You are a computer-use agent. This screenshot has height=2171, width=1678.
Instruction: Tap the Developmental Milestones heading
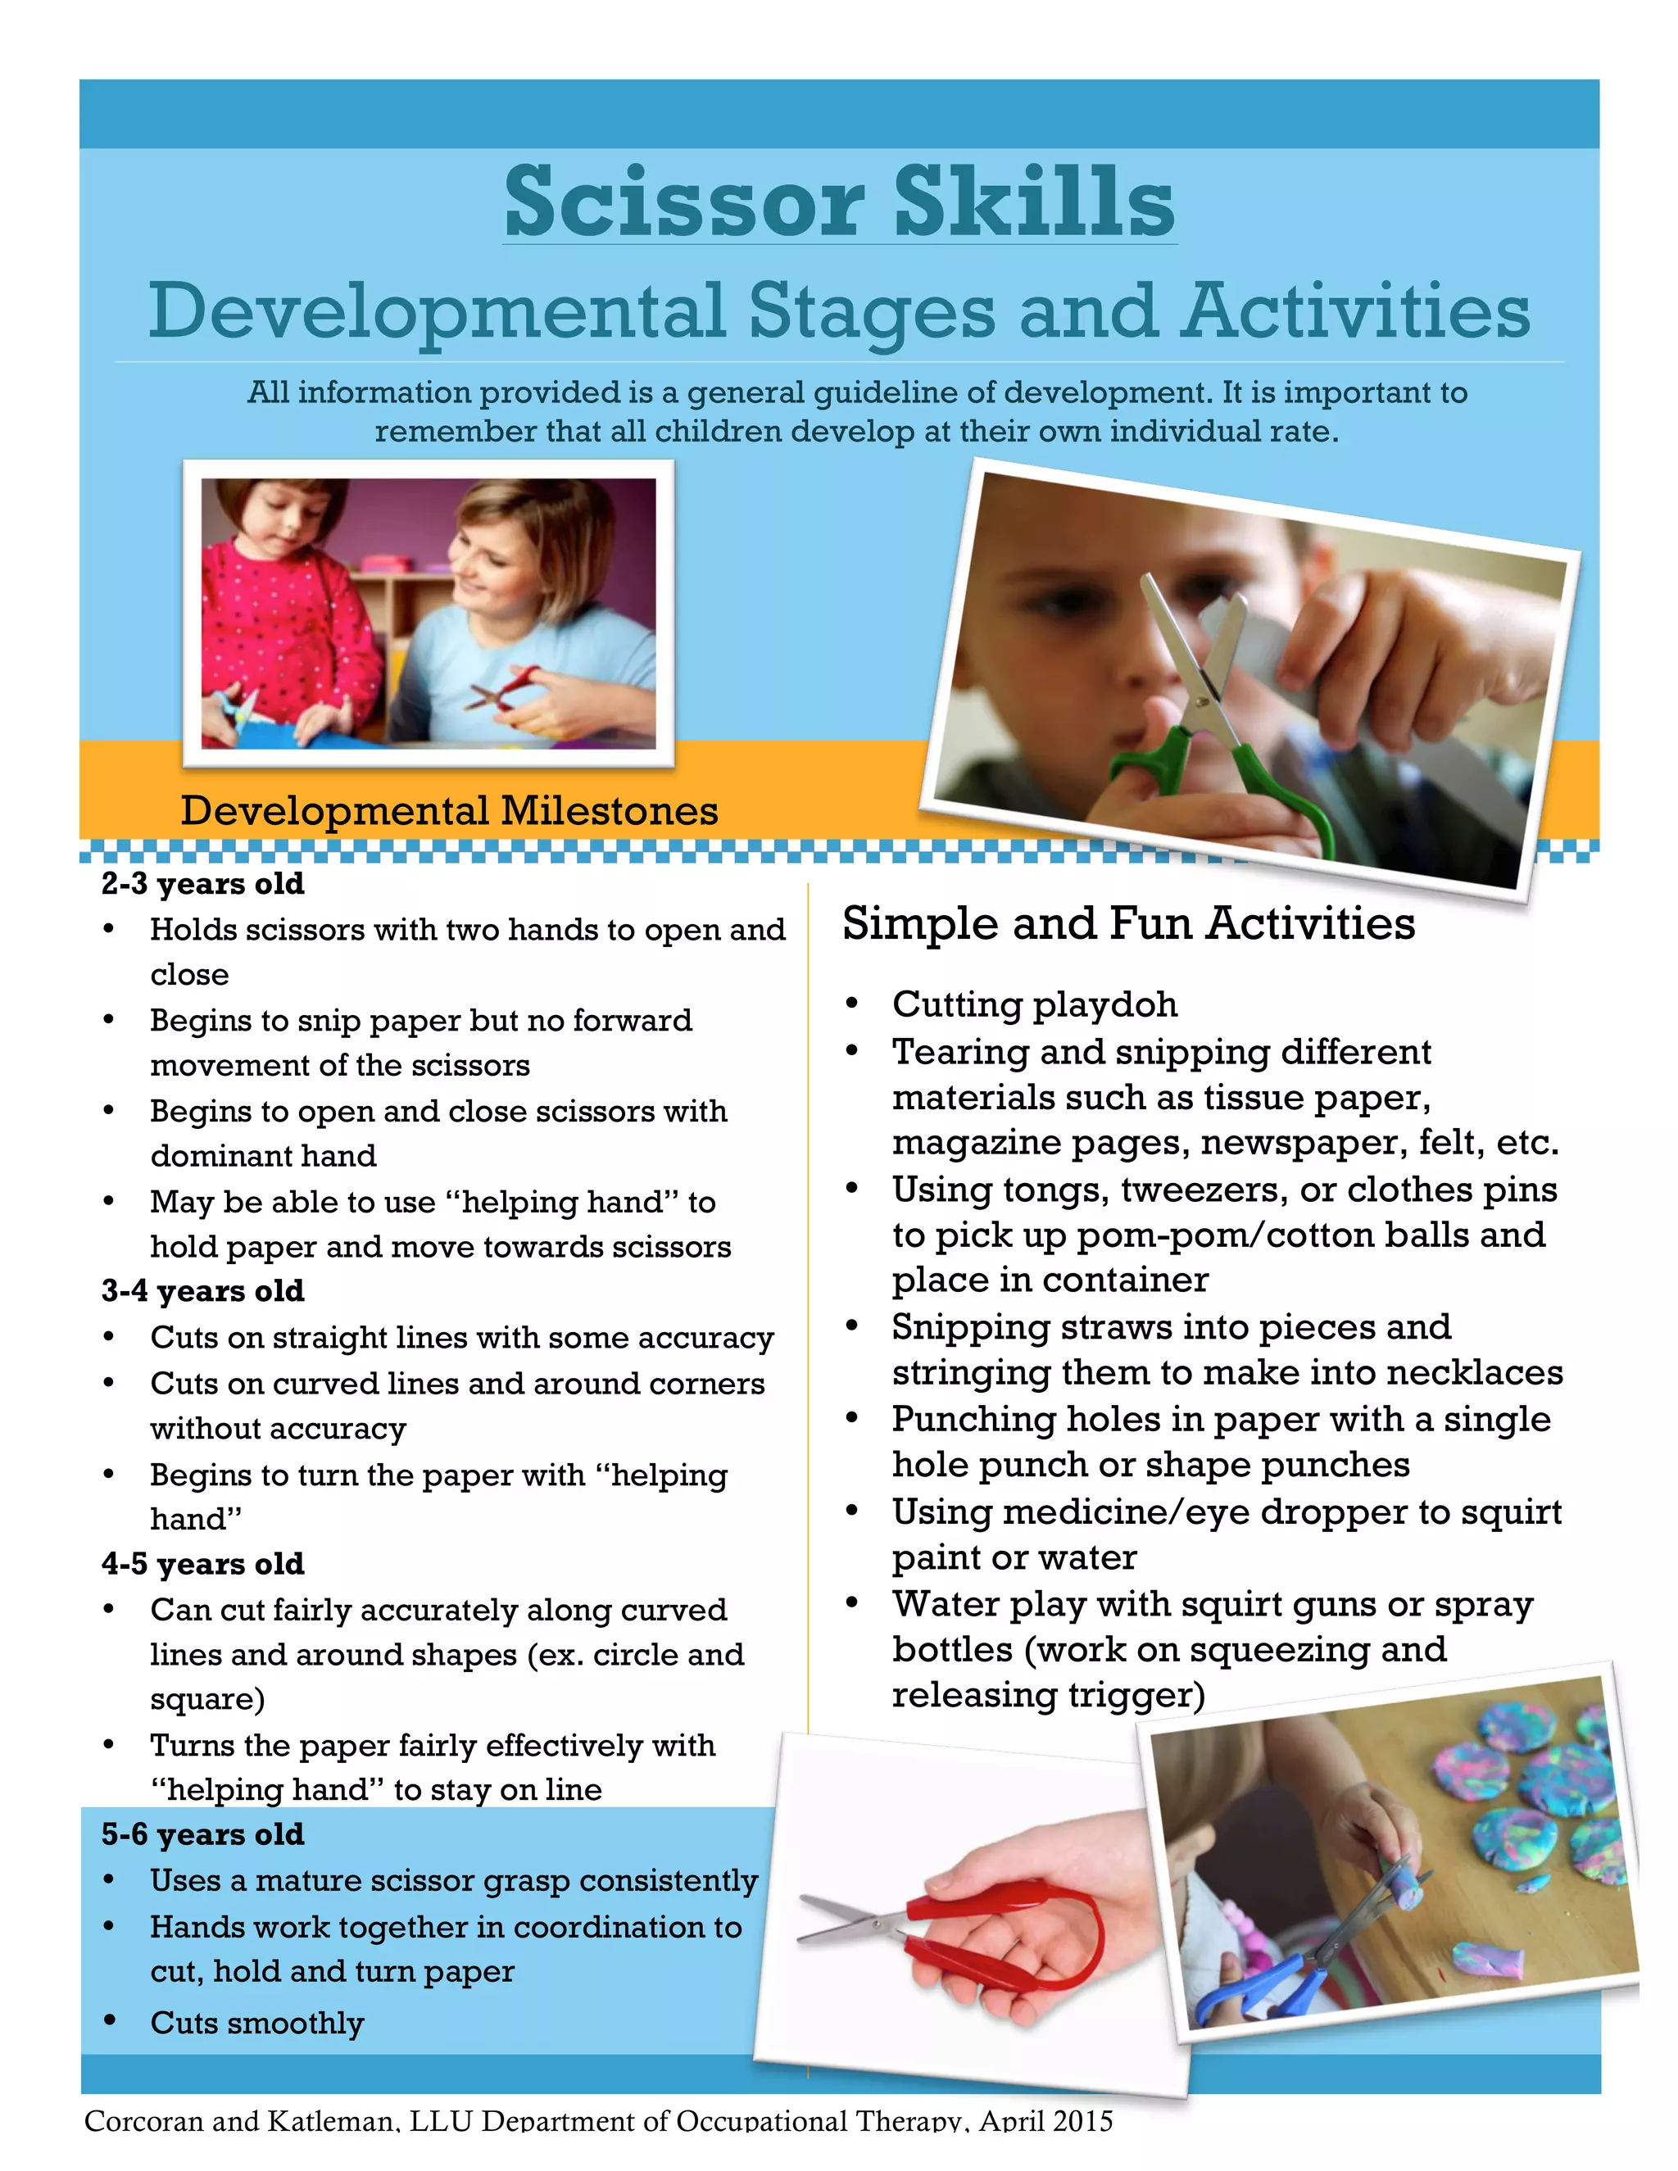point(448,810)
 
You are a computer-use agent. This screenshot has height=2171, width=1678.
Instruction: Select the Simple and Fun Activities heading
point(1128,922)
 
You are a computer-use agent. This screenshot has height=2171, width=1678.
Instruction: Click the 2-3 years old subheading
point(203,884)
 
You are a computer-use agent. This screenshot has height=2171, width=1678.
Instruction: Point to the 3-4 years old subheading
point(203,1290)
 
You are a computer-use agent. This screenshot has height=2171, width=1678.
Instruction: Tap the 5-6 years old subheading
point(203,1834)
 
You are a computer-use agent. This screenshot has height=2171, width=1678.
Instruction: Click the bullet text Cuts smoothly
point(256,2023)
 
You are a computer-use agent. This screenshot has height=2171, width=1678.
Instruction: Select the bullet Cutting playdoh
point(1034,1004)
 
